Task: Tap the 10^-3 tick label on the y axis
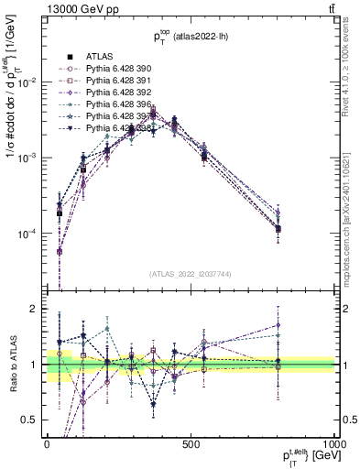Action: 27,158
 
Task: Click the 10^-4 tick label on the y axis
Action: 27,234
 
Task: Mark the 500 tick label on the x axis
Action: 191,442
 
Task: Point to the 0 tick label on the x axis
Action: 46,442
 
